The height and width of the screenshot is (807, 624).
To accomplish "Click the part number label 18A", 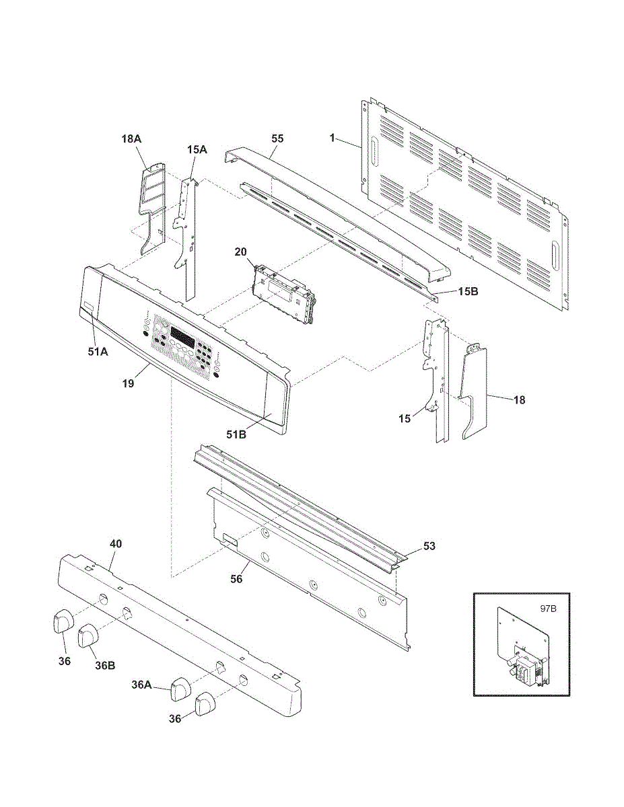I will tap(131, 138).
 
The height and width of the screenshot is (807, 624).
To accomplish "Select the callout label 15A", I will tap(197, 150).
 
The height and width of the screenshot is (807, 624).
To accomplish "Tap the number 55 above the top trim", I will tap(277, 138).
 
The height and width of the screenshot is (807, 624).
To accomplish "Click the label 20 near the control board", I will tap(241, 252).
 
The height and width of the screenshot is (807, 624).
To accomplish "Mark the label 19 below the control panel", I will tap(128, 383).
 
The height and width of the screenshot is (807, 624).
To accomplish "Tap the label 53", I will tap(429, 546).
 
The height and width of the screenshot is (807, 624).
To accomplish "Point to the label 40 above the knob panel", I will tap(116, 543).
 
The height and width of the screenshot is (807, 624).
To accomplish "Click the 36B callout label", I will tap(104, 666).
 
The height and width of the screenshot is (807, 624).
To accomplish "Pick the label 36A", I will tap(141, 685).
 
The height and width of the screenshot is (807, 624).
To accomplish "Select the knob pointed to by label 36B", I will tap(88, 636).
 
